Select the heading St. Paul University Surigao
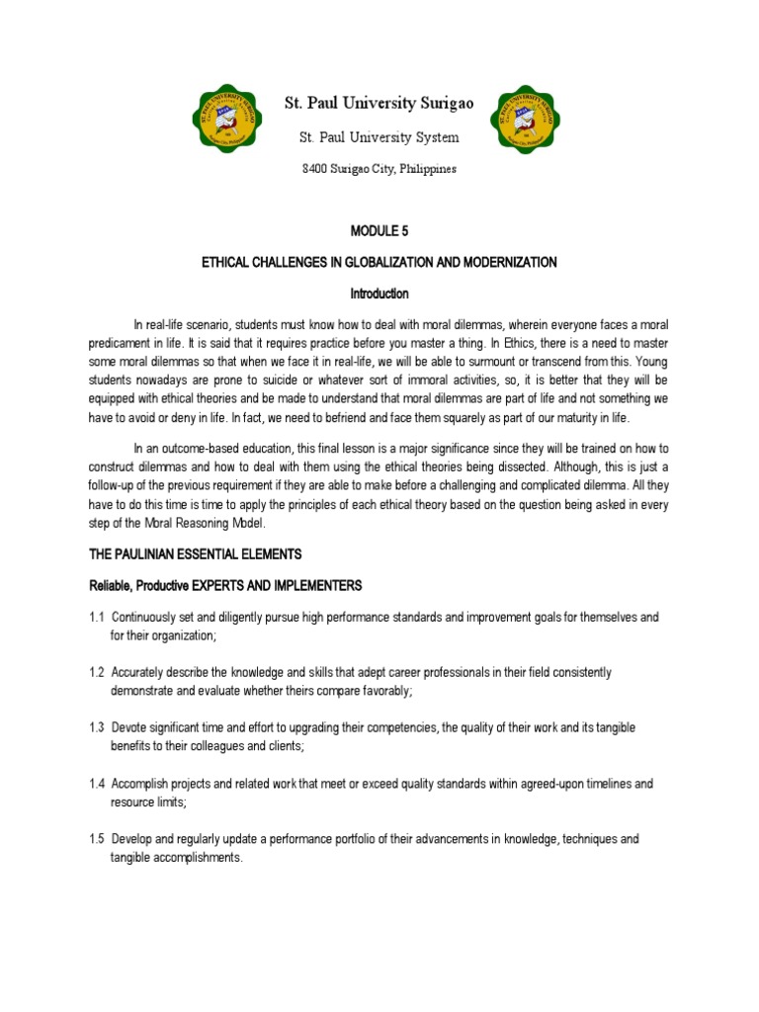[x=379, y=103]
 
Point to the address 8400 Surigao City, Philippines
[x=379, y=169]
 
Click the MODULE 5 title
[x=379, y=230]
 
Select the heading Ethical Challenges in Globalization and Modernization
[x=379, y=262]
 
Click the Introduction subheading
[x=379, y=294]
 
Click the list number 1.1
[x=99, y=617]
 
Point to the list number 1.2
[x=99, y=672]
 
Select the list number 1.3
[x=99, y=727]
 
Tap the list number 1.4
[x=99, y=784]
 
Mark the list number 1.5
[x=99, y=839]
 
